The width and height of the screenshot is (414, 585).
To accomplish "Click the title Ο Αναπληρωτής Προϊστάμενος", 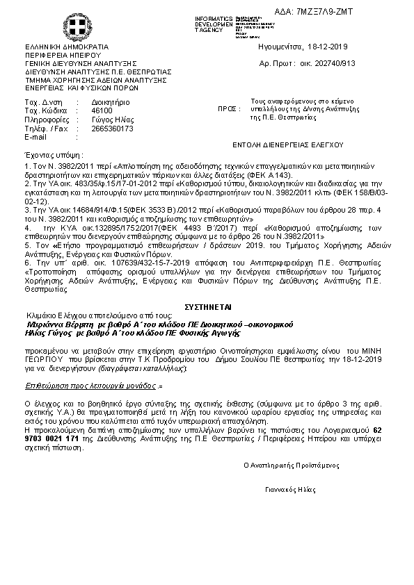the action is click(x=291, y=463).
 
